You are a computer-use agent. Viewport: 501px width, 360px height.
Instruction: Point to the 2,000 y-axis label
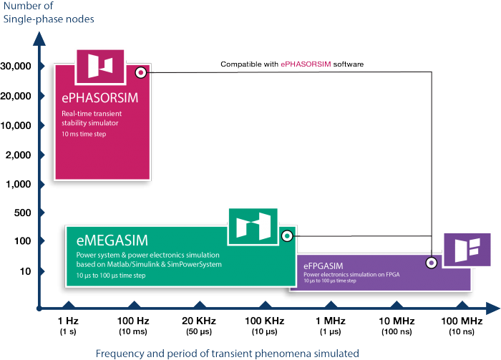(19, 155)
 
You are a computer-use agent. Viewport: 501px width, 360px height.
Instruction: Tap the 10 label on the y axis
(26, 271)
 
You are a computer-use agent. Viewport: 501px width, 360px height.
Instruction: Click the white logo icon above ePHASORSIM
(100, 66)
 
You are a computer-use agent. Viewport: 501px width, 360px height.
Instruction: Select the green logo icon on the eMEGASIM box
(252, 225)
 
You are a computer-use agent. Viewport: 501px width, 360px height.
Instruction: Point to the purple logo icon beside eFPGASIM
(466, 250)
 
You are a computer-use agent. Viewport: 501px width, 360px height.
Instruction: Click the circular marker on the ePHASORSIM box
(142, 72)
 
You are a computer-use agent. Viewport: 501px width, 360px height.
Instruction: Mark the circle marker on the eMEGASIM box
(287, 235)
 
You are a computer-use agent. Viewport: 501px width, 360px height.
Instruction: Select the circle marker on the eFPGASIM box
(432, 263)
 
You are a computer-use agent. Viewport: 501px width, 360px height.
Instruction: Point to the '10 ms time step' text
(83, 134)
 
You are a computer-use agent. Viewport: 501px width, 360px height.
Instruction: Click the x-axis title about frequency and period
(228, 353)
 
